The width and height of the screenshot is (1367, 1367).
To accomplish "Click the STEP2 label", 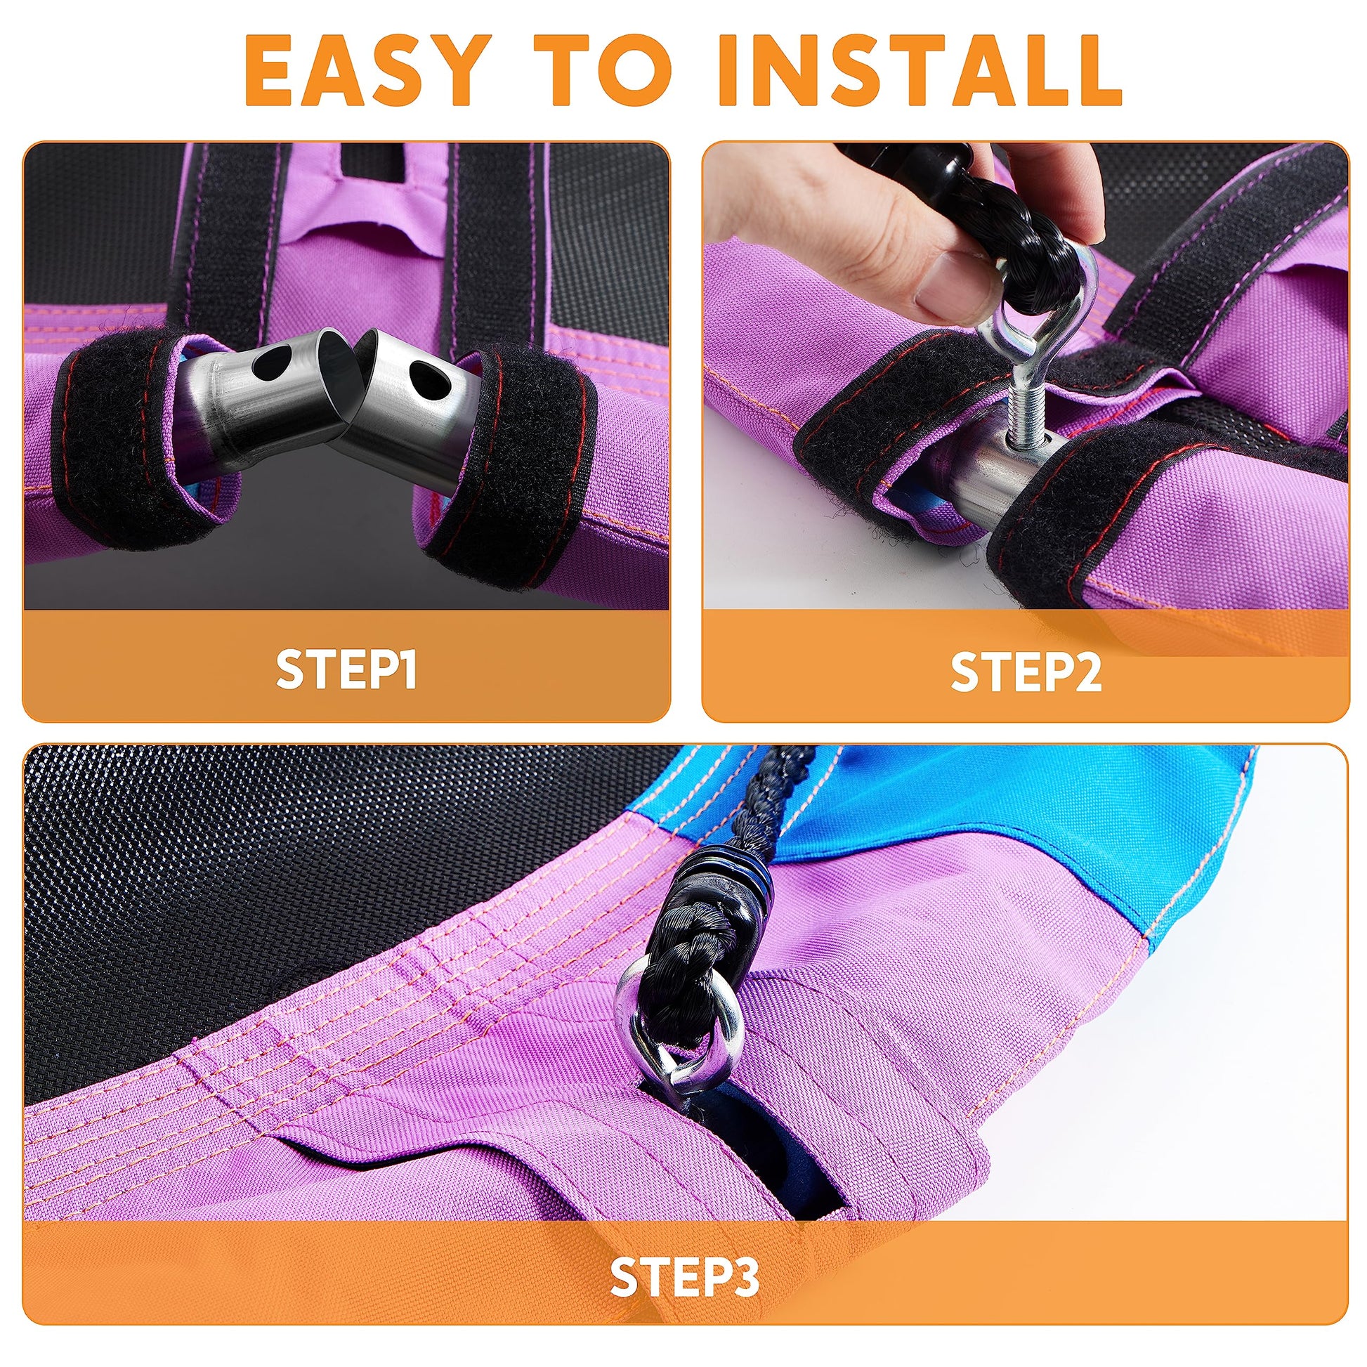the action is pyautogui.click(x=1026, y=673).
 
